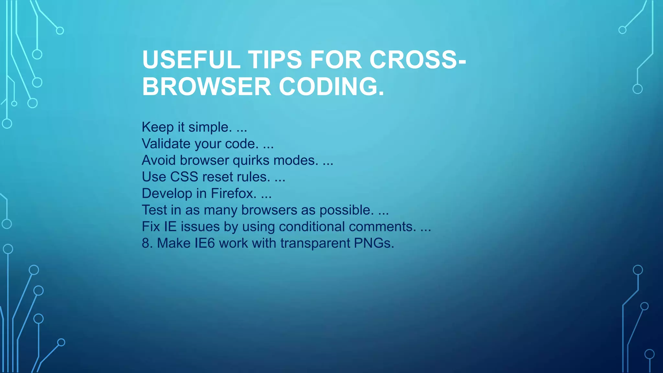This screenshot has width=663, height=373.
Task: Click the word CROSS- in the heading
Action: click(418, 60)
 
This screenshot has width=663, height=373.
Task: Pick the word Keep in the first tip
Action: click(158, 127)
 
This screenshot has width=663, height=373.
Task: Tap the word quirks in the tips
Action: click(251, 161)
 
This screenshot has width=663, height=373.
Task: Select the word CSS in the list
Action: click(184, 177)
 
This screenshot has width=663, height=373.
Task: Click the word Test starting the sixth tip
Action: click(154, 210)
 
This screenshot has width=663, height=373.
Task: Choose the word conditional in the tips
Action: click(312, 227)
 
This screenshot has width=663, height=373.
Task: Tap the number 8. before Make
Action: click(147, 243)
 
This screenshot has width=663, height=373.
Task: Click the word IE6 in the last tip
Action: click(205, 243)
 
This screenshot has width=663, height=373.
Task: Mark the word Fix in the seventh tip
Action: click(151, 227)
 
